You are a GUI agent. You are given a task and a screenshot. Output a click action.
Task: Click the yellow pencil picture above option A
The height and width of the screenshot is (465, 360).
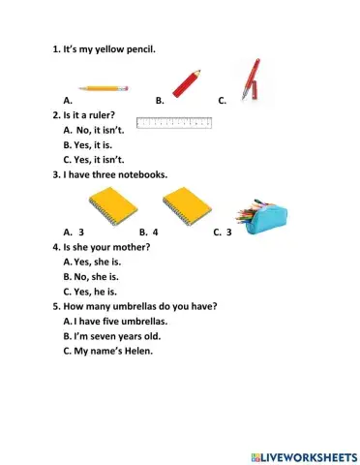pos(97,88)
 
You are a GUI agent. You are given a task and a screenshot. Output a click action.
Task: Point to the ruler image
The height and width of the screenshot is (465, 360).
pos(175,123)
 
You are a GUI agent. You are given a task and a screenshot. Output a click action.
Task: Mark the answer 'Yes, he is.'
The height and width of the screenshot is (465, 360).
pos(95,291)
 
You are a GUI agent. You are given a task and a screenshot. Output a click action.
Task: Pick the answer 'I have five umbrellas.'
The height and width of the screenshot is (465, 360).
pos(120,321)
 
